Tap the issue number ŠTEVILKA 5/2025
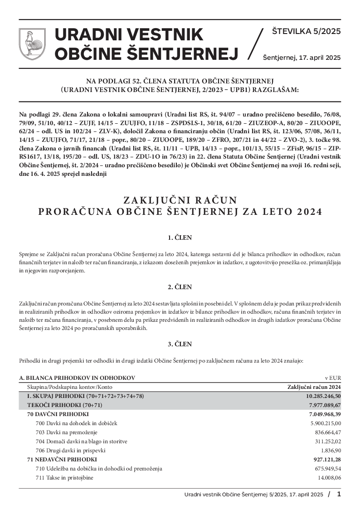306,32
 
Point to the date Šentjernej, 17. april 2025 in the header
302,58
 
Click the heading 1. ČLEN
180,237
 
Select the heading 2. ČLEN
180,287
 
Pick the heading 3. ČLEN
180,344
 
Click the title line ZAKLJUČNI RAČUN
180,199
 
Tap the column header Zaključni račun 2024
314,387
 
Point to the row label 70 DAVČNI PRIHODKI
58,414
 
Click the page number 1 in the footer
339,494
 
